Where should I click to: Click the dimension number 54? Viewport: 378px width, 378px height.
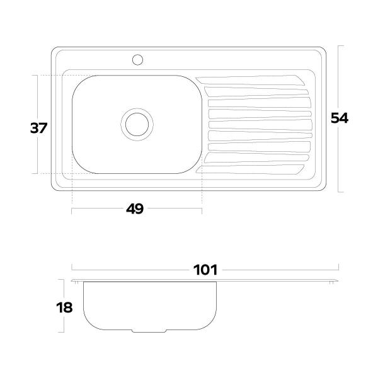pos(340,118)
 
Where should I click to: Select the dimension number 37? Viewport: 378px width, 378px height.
pos(38,128)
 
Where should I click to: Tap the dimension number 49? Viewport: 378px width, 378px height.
pos(135,209)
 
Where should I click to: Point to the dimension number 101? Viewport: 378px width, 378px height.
pos(205,270)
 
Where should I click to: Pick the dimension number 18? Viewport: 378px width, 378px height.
pos(64,307)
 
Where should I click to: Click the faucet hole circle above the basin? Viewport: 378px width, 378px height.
pos(137,60)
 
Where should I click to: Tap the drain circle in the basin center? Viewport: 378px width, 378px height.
pos(137,124)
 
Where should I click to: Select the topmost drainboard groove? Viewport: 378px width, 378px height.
pos(251,80)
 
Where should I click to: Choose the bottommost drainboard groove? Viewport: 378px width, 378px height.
pos(249,169)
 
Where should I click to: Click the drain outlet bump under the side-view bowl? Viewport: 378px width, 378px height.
pos(149,331)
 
